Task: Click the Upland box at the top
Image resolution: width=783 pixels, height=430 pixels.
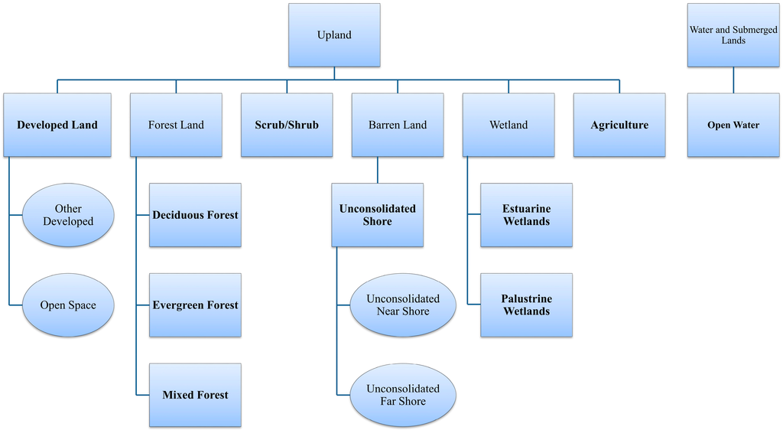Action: tap(333, 35)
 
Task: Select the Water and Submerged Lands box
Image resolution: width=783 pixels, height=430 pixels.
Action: tap(733, 35)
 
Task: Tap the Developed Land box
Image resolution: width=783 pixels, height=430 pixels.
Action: tap(57, 125)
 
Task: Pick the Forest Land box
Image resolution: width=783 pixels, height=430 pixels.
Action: tap(176, 125)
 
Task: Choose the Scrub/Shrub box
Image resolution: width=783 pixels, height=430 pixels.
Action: tap(287, 125)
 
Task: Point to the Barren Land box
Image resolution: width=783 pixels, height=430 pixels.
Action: tap(398, 125)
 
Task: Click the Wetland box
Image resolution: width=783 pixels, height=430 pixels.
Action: tap(508, 125)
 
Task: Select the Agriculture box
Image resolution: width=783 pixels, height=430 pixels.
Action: tap(619, 125)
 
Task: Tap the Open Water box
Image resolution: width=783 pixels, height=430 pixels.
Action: tap(733, 125)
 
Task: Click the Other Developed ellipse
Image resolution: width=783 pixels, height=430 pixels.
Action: tap(68, 215)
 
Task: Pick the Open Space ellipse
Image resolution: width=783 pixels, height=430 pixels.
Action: tap(68, 305)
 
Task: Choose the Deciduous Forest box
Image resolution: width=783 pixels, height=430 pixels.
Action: tap(195, 215)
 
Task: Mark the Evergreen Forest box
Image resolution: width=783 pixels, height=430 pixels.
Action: tap(195, 305)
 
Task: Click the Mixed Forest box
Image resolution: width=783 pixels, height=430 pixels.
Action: tap(195, 395)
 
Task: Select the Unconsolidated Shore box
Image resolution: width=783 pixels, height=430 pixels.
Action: tap(377, 215)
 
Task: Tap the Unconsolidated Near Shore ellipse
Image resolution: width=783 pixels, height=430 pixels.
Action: tap(403, 305)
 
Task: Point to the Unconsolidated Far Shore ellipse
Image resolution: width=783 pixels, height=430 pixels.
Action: tap(403, 395)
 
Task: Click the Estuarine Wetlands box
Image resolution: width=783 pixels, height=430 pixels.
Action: tap(526, 215)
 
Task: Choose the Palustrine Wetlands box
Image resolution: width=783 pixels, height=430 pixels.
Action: tap(526, 305)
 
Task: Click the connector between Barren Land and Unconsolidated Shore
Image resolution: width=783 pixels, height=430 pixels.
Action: tap(378, 170)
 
